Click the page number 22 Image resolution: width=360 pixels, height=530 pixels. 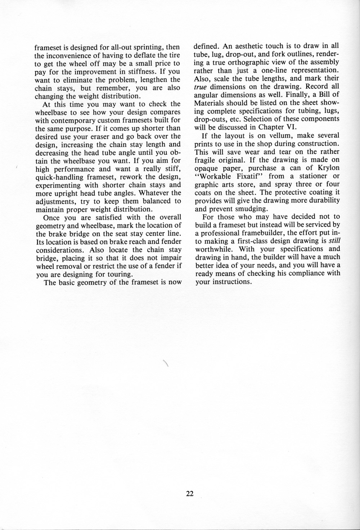190,494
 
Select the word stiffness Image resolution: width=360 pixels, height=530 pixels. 135,71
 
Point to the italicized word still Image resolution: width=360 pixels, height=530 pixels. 335,241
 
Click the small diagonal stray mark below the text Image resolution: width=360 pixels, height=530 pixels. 166,363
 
